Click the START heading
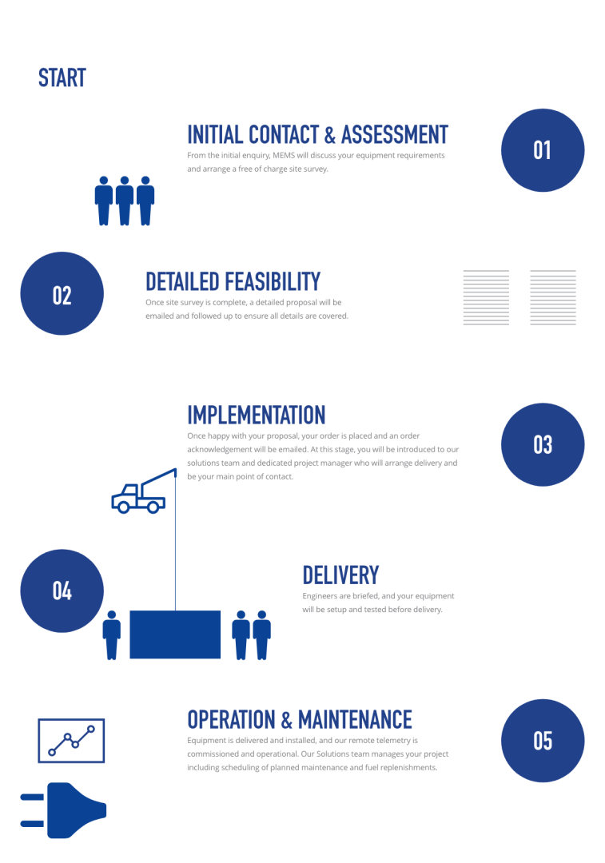62,78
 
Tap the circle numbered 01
542,150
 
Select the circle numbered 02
62,293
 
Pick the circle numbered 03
542,445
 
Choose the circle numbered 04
62,591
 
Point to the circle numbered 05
542,741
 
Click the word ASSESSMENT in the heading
395,135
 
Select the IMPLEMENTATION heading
256,416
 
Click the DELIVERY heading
340,575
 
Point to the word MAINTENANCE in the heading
355,720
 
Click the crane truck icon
144,491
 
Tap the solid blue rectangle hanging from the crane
175,634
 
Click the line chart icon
71,741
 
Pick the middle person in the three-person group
125,201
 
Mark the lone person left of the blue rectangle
112,635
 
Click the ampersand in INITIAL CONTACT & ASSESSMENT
330,135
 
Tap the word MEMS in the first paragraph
284,155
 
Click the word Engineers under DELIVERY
320,596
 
